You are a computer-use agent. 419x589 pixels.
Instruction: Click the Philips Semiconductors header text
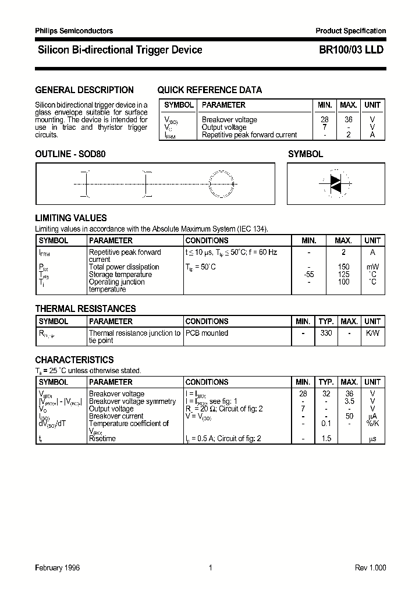(74, 31)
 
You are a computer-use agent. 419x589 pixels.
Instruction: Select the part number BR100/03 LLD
(351, 50)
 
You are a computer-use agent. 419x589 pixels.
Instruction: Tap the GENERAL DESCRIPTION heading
(84, 90)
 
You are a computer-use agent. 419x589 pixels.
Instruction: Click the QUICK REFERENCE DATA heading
(210, 90)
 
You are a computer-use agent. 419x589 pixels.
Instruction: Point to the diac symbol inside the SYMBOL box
(335, 183)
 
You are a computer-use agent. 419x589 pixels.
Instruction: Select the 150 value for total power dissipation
(343, 267)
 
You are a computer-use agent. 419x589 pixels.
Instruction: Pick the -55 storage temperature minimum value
(309, 275)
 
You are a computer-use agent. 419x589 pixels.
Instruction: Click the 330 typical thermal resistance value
(326, 333)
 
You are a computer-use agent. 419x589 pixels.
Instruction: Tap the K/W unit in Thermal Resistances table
(372, 333)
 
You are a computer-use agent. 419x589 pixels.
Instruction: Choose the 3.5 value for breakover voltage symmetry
(349, 402)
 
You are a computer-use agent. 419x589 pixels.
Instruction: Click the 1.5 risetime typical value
(326, 438)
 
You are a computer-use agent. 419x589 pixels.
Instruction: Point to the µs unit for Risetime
(372, 438)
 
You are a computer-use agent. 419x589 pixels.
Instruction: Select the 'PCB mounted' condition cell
(207, 333)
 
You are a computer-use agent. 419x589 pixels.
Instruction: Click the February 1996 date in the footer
(58, 567)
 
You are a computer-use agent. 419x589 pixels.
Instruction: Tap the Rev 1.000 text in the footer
(370, 567)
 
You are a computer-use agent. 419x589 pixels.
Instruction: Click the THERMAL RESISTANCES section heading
(86, 308)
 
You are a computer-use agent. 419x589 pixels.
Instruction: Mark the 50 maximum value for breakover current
(349, 416)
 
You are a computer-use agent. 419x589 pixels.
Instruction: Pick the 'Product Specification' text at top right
(350, 31)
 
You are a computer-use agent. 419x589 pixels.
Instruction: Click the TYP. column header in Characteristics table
(326, 382)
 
